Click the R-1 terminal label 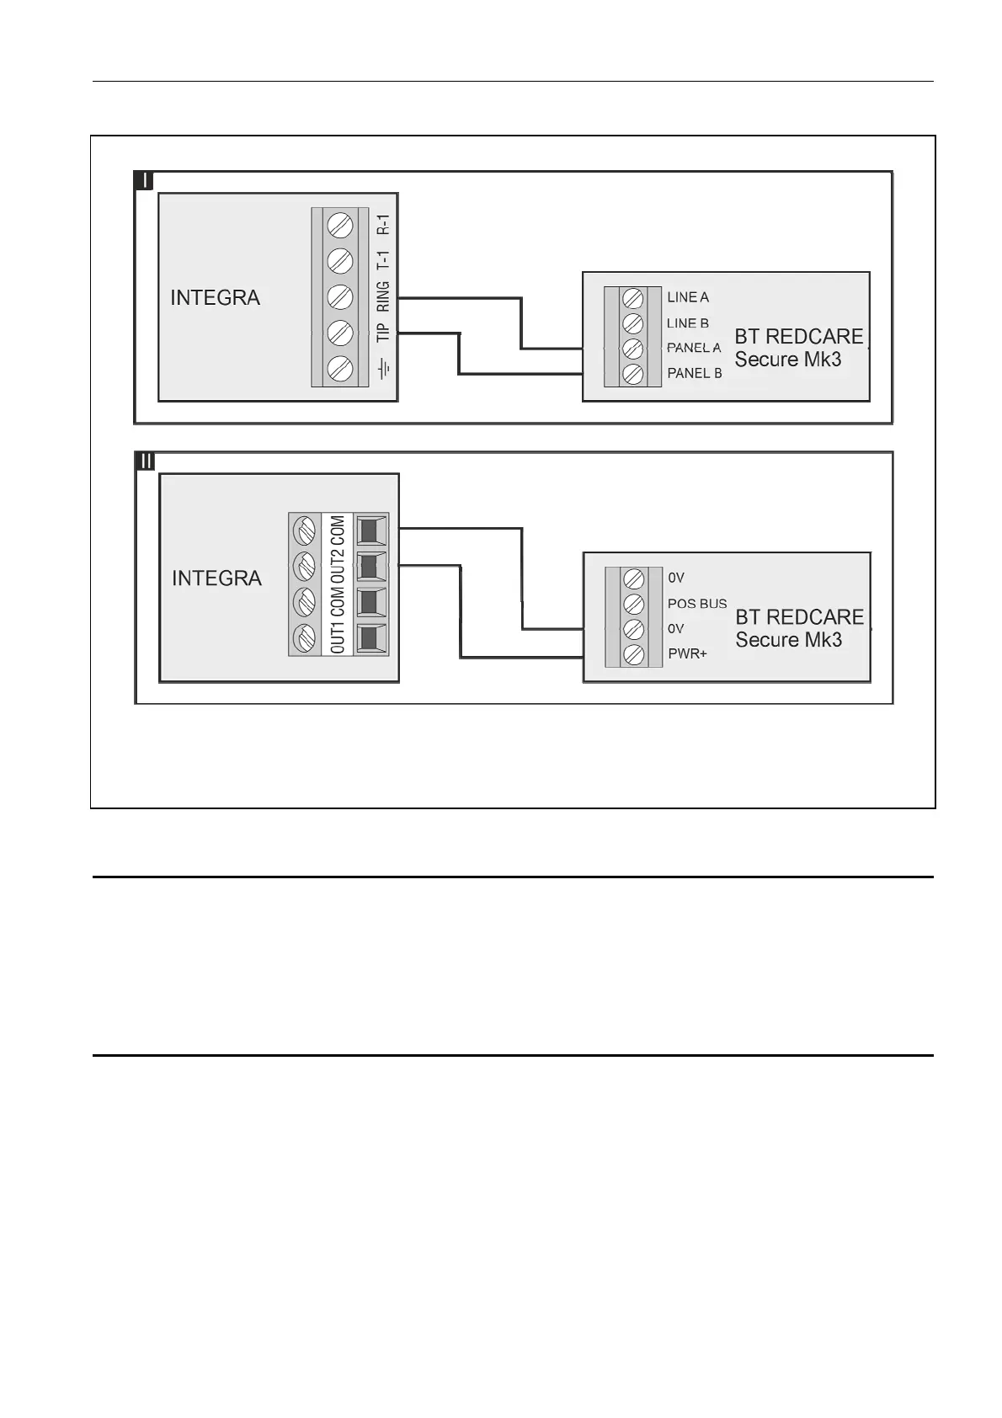pos(383,224)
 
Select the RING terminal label pos(383,296)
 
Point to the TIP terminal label pos(383,333)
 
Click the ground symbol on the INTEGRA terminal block pos(384,369)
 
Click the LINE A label pos(688,297)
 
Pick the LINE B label pos(688,323)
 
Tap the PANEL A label pos(694,348)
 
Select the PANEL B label pos(695,373)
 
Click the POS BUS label pos(697,604)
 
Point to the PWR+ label pos(687,654)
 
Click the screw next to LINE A pos(633,298)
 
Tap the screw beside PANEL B pos(633,374)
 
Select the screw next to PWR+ pos(633,654)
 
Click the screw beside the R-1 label pos(339,226)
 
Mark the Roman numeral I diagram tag pos(144,181)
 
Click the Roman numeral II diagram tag pos(146,461)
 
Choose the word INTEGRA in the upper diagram pos(216,298)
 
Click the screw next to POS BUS pos(633,604)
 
